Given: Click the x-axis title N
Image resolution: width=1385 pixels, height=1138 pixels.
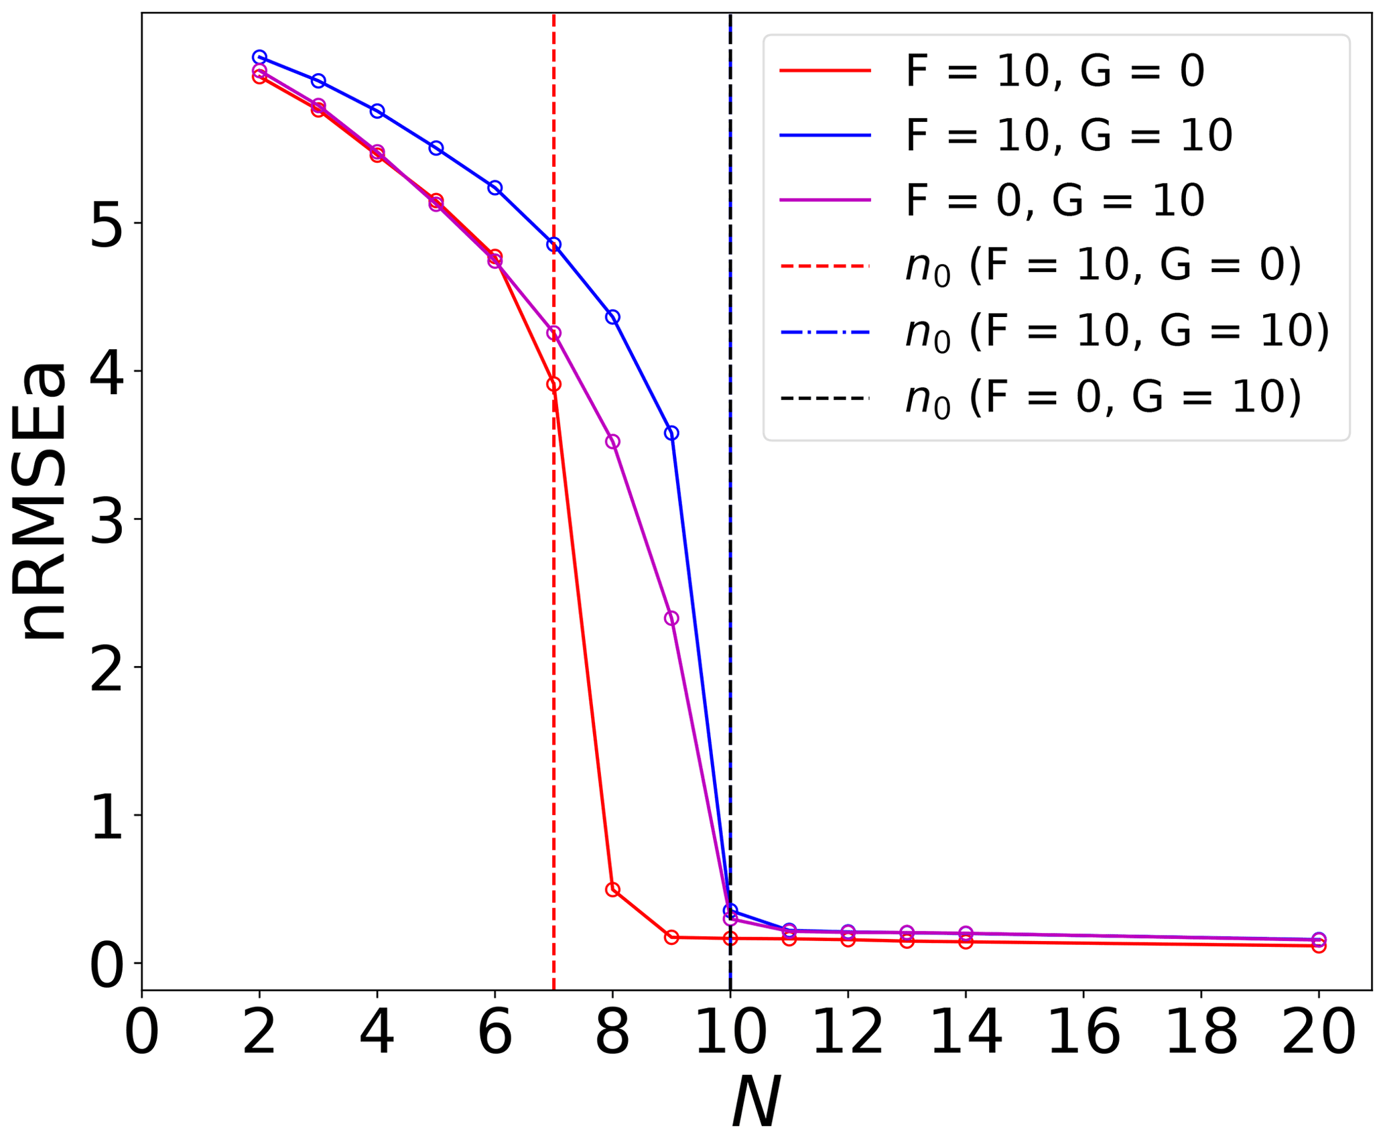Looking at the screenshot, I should (755, 1102).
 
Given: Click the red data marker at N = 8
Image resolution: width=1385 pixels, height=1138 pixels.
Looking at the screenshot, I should (612, 889).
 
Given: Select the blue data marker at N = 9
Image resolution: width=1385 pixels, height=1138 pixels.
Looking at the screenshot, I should (671, 433).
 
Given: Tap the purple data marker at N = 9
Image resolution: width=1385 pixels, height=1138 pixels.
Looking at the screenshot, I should (671, 618).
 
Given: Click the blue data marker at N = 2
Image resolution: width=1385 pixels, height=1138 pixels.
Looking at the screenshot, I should (259, 57).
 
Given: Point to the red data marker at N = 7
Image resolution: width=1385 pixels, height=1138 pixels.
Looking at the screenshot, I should (553, 384).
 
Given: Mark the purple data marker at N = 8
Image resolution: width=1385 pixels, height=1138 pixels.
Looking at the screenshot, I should (612, 441).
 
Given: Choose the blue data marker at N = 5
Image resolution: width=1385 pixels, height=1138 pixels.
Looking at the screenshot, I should (436, 147).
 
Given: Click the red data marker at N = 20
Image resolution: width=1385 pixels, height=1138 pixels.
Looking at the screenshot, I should (1319, 946).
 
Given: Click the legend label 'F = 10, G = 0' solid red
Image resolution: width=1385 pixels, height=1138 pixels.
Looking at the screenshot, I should (1055, 70).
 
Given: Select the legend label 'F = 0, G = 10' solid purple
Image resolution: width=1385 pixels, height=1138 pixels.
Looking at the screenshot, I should (1055, 200).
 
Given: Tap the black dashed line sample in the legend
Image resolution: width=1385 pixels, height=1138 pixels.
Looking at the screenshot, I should (825, 398).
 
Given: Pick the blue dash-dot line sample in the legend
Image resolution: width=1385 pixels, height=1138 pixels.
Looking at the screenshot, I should (825, 332).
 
